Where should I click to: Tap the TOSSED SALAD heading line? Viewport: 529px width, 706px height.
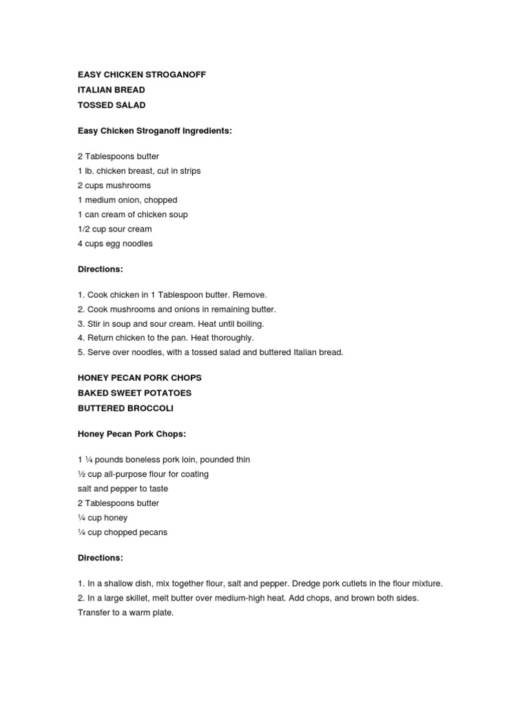(111, 104)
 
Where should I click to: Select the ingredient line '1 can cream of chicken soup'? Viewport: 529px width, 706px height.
(132, 214)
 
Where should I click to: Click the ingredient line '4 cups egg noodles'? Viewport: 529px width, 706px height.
(115, 243)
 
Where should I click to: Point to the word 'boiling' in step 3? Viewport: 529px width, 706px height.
(249, 323)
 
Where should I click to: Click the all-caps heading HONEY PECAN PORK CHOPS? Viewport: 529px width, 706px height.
(140, 379)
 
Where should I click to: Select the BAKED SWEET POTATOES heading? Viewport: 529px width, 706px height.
(134, 393)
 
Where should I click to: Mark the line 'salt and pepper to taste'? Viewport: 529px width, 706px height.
(123, 489)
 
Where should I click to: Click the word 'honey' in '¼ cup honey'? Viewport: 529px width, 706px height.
(117, 518)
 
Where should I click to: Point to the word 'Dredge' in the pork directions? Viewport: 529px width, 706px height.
(298, 584)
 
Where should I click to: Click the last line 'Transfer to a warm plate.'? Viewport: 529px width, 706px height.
(125, 612)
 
